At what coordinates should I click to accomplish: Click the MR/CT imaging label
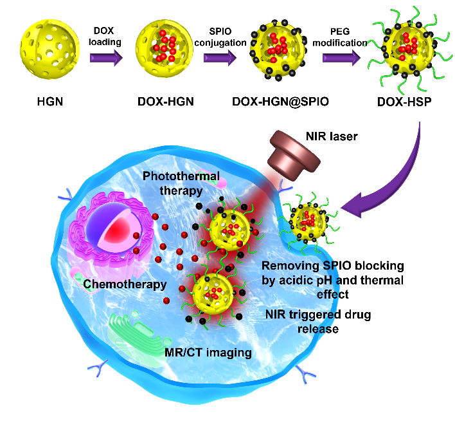click(x=216, y=353)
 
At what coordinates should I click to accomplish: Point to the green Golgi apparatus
click(x=135, y=335)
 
